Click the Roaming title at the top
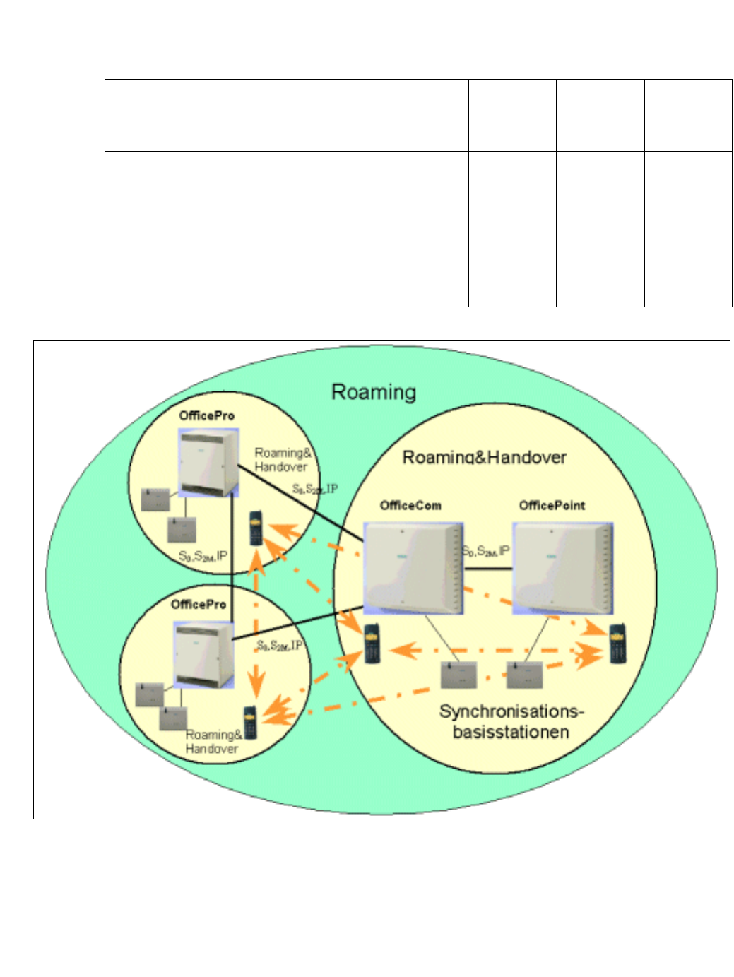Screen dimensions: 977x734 374,392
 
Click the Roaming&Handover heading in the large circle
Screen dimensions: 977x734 484,457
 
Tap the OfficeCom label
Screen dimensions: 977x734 410,505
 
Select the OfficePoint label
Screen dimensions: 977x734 552,505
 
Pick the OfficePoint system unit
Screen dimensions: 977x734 562,568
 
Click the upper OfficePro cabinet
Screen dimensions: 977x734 208,463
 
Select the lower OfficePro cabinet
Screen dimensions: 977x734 203,655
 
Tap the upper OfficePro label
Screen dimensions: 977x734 206,415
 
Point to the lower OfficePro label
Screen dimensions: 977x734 199,605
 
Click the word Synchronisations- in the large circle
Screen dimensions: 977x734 511,711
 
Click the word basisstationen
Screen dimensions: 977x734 511,732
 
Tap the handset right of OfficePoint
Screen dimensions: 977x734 618,644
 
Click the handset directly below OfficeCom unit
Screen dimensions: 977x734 372,644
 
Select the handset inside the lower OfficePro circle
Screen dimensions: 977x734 250,722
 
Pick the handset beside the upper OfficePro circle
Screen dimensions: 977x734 256,528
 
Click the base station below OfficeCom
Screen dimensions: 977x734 458,675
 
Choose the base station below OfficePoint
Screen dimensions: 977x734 523,675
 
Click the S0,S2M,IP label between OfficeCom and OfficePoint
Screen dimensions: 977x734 486,551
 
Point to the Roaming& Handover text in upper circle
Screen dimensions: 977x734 282,459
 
